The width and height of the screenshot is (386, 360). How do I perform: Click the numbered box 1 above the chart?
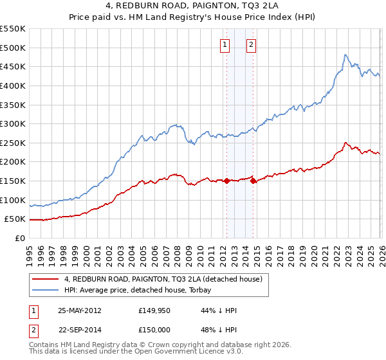(225, 44)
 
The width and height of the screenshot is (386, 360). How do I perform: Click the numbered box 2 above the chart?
(251, 44)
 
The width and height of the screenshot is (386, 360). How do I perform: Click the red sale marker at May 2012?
(226, 181)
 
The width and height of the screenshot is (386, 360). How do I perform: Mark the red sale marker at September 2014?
(253, 181)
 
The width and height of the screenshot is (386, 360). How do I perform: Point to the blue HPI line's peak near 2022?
(345, 55)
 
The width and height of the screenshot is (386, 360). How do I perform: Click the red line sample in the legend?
(46, 279)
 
